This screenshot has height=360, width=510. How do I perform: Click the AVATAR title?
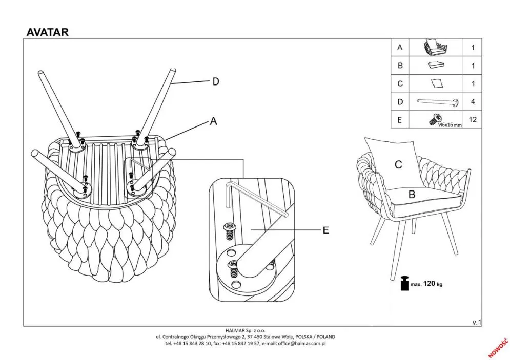(x=48, y=32)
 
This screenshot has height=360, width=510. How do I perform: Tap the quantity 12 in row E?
(x=473, y=119)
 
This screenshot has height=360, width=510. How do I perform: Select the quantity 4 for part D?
(x=473, y=102)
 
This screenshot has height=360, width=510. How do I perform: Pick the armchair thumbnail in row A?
(x=436, y=48)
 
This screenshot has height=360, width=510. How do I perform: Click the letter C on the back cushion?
(x=398, y=165)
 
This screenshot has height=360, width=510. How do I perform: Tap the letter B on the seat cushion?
(x=412, y=194)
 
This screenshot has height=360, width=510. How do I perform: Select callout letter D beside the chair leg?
(x=216, y=81)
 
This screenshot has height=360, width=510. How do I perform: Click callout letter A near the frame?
(x=213, y=121)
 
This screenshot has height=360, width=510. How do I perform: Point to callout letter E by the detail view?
(x=325, y=230)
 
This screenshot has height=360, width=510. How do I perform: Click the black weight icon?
(x=404, y=283)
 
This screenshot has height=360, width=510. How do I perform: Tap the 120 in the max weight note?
(x=429, y=283)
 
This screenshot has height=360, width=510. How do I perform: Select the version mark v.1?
(x=477, y=322)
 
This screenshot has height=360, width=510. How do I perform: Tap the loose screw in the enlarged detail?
(x=229, y=231)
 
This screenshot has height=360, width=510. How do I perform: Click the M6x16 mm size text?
(x=450, y=125)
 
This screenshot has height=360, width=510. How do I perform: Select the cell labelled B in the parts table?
(x=400, y=66)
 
